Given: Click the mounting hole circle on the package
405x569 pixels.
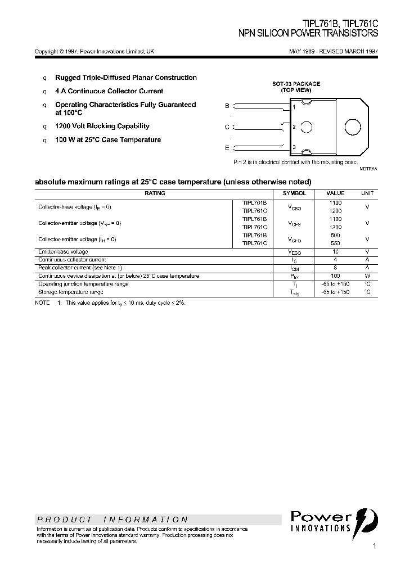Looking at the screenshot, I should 353,127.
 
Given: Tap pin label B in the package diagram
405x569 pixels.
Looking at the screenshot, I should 227,106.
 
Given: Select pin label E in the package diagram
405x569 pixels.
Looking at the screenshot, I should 227,148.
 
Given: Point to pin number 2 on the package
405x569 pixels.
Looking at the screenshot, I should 294,127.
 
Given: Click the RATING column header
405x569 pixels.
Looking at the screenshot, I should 155,193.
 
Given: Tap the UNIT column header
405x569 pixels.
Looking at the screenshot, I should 367,193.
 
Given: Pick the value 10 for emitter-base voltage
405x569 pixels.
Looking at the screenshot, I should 335,251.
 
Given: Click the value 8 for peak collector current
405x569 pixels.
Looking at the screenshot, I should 335,268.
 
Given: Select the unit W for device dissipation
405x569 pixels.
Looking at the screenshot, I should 367,276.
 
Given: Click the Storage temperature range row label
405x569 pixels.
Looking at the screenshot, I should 70,292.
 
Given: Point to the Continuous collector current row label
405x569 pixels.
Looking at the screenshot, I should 72,260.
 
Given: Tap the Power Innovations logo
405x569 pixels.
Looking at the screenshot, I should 334,521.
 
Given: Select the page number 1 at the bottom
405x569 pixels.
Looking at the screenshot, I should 374,545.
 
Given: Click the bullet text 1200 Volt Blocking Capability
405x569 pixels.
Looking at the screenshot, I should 102,127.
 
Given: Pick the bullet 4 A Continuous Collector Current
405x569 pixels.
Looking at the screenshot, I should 109,91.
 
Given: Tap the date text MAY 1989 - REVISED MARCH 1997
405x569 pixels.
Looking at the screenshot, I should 333,51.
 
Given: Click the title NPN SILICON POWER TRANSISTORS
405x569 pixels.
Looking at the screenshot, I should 309,34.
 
